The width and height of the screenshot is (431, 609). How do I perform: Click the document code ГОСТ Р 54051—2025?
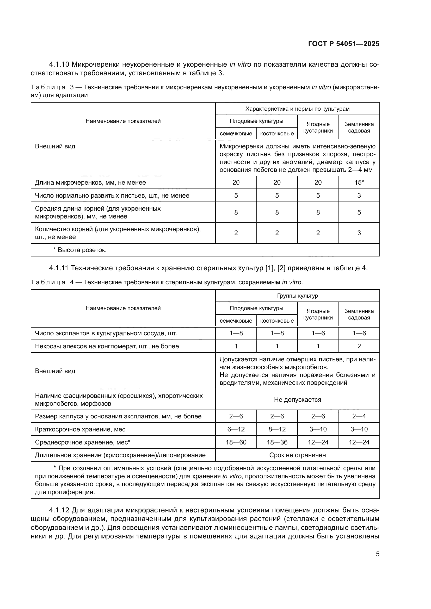click(344, 44)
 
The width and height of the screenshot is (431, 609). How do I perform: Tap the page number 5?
click(377, 554)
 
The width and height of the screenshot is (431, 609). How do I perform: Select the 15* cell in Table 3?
click(359, 183)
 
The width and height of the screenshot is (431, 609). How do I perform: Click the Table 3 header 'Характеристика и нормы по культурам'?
click(297, 109)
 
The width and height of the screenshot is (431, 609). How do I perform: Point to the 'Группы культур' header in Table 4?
click(297, 296)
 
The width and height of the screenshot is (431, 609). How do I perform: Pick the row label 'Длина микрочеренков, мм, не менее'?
click(90, 183)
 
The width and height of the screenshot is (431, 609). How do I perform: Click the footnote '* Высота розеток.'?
click(80, 250)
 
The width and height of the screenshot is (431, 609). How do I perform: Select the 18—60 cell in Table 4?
click(236, 442)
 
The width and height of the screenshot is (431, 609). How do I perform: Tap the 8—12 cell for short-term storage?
click(277, 429)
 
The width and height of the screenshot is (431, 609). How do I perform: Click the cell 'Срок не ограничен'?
click(297, 455)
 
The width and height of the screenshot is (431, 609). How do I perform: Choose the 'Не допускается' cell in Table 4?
click(297, 399)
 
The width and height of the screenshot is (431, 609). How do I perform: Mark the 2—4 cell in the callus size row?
click(359, 416)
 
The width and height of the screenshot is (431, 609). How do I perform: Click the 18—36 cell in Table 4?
click(277, 442)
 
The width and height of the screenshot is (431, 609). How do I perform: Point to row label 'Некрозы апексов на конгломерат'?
click(107, 346)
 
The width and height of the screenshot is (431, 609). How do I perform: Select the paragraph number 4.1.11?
click(59, 268)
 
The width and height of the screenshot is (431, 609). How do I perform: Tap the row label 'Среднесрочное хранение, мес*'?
click(83, 442)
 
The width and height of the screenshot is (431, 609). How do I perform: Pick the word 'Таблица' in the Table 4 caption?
click(48, 282)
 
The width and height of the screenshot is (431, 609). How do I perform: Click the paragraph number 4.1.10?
click(59, 65)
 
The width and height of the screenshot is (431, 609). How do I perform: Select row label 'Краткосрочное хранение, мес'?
click(80, 429)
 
